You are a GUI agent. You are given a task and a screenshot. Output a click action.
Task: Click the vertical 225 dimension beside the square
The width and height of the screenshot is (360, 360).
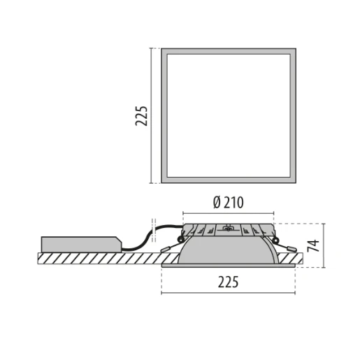click(142, 115)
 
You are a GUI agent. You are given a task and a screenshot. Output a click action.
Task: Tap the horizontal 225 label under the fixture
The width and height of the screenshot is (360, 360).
click(228, 282)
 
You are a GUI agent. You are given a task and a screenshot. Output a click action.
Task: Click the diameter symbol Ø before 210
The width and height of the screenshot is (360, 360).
click(217, 203)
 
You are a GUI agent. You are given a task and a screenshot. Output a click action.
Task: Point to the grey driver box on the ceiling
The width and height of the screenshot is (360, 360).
click(80, 245)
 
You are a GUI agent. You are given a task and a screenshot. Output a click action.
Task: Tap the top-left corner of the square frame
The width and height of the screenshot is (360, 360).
click(163, 50)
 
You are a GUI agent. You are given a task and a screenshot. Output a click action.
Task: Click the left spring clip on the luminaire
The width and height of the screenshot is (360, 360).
click(171, 247)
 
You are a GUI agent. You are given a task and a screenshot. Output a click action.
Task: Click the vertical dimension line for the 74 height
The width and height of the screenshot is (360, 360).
click(324, 245)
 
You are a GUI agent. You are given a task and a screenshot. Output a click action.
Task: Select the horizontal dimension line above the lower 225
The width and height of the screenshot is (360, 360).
click(228, 292)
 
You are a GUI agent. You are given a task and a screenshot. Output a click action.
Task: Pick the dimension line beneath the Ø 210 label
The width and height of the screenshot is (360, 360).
click(228, 213)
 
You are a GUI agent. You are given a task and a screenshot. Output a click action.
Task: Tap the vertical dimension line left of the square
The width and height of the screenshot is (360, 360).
click(152, 115)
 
